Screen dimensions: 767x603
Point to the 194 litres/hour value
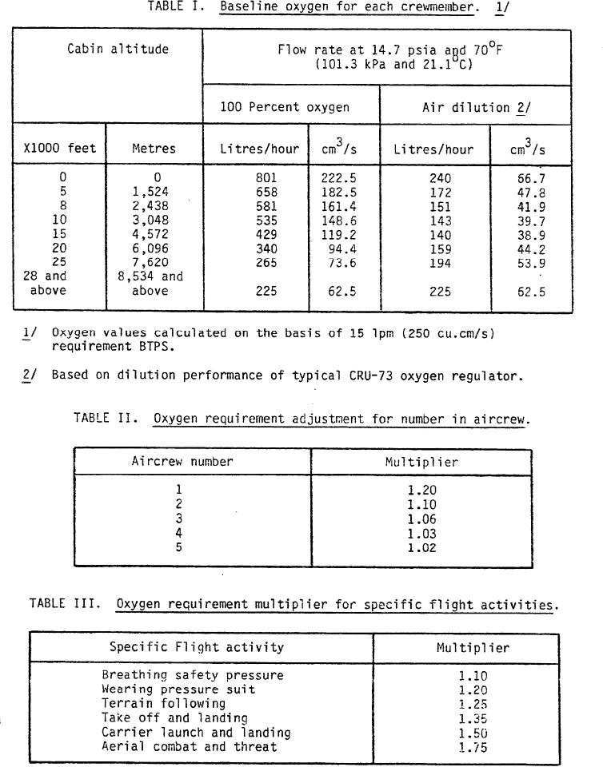click(440, 263)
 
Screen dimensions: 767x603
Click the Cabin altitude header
click(106, 49)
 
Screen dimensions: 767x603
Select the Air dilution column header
click(476, 107)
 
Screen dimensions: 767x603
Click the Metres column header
click(154, 149)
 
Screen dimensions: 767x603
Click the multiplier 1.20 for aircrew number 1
click(421, 491)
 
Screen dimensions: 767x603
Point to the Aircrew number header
click(182, 462)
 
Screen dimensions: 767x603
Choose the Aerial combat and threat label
click(189, 747)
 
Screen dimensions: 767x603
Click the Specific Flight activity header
click(196, 647)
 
